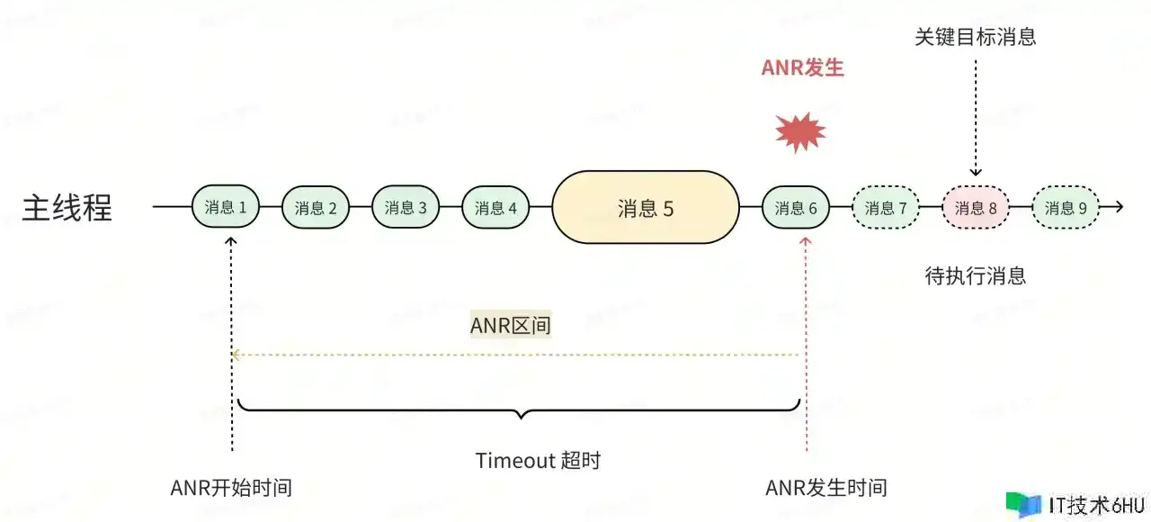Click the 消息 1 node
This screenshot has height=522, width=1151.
tap(226, 208)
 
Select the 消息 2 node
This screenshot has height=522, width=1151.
tap(316, 208)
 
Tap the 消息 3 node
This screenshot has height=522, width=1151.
tap(406, 208)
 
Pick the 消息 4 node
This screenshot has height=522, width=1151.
tap(495, 208)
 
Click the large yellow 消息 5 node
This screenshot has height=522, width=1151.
tap(646, 208)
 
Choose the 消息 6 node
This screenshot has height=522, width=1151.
tap(796, 208)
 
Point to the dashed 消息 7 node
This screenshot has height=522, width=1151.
tap(886, 208)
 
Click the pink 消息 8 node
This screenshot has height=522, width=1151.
tap(976, 208)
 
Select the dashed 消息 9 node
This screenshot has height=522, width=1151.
tap(1066, 208)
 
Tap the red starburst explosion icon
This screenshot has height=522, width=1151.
tap(800, 132)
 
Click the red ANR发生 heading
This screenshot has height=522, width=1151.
tap(802, 68)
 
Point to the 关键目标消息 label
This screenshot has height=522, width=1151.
tap(975, 37)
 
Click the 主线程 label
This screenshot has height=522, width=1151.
tap(67, 208)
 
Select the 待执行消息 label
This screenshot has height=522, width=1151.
tap(975, 275)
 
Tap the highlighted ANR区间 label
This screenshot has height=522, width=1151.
tap(510, 325)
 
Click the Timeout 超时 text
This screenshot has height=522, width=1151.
tap(538, 461)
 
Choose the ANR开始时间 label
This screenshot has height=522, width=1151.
tap(231, 488)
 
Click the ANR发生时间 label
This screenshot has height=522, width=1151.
tap(825, 488)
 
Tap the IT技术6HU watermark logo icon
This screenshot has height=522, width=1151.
tap(1023, 505)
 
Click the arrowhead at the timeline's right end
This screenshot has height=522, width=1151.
tap(1118, 208)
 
